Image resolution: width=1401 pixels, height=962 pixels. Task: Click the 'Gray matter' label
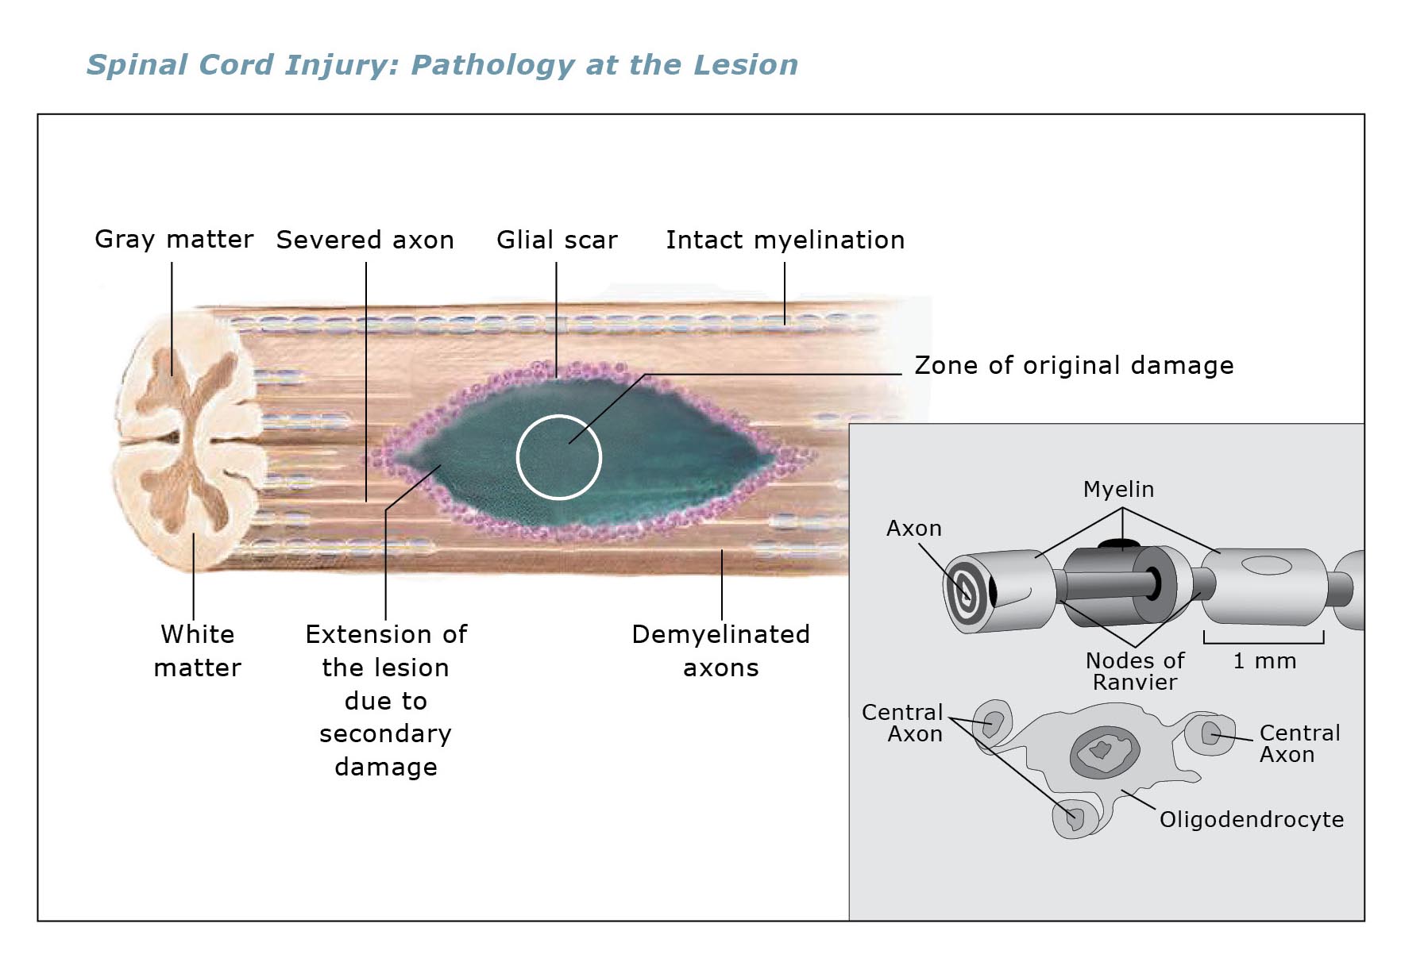pos(174,239)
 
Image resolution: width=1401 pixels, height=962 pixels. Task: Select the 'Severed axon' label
pos(365,240)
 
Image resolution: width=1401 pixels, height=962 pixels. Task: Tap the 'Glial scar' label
pos(557,240)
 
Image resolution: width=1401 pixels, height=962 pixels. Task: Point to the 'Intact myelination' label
pos(785,240)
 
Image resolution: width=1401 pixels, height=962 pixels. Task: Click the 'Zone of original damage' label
pos(1075,365)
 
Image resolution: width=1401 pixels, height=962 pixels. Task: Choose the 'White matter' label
pos(198,651)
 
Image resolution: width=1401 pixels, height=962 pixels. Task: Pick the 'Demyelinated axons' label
pos(721,651)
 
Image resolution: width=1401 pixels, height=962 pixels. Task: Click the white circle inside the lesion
pos(559,415)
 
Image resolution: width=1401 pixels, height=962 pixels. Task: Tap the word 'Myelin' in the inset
pos(1119,490)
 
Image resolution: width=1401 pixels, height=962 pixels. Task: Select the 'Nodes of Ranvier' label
pos(1135,671)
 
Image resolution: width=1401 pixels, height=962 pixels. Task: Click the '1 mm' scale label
pos(1264,661)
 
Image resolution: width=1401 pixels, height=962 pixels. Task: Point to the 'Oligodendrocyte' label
pos(1252,819)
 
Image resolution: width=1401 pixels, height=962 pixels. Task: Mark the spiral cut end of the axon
pos(967,593)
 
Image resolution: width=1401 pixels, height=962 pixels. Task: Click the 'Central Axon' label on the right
pos(1300,744)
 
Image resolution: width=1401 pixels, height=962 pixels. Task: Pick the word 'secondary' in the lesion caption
pos(386,734)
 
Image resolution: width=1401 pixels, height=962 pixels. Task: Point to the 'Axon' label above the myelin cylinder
pos(914,529)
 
